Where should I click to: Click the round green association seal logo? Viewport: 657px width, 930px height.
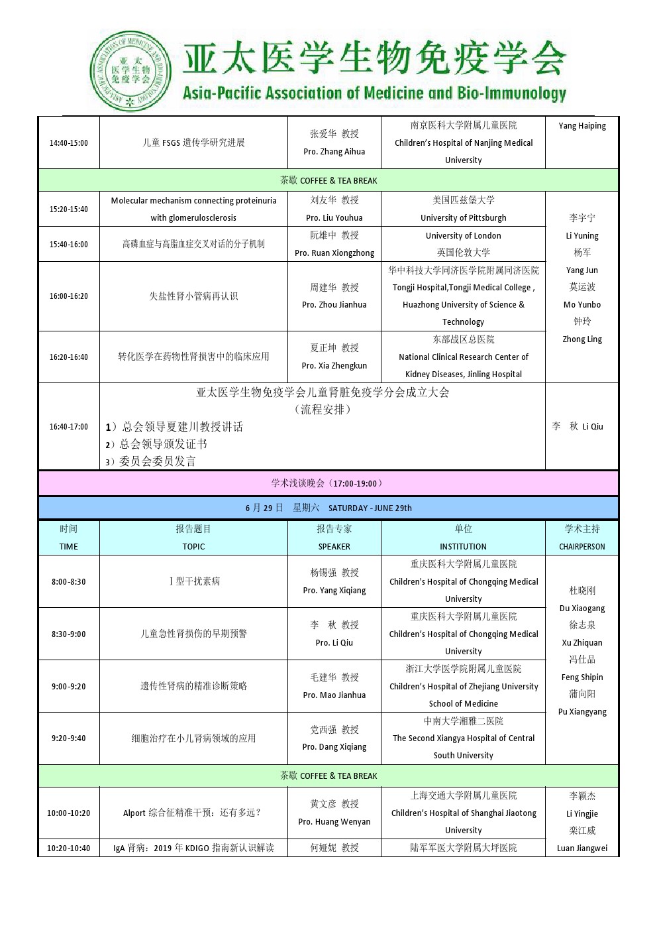130,71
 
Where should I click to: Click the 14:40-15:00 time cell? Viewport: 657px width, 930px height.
68,143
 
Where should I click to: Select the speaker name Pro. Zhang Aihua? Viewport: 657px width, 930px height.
334,152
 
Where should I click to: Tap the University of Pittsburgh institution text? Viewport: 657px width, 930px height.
463,218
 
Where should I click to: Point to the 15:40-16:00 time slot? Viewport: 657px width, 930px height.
68,245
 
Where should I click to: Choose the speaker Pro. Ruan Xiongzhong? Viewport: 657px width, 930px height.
334,253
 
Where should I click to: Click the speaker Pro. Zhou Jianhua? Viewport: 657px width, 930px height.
334,305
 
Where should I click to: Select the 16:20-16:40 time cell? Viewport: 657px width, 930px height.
68,357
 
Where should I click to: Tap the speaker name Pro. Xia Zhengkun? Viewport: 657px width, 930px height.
334,366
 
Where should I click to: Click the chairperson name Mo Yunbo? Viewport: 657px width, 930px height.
582,305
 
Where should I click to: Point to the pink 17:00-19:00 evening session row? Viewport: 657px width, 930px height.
328,483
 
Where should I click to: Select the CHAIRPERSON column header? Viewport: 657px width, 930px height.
582,547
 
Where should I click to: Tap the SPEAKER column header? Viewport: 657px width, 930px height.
334,547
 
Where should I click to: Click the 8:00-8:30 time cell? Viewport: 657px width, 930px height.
68,582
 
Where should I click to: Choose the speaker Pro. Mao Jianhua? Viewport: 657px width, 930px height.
334,695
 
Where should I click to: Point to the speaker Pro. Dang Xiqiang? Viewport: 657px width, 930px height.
334,747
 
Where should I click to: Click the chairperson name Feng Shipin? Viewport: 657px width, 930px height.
582,677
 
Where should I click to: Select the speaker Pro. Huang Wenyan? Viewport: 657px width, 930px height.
334,822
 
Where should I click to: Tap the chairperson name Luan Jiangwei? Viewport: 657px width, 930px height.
582,848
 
